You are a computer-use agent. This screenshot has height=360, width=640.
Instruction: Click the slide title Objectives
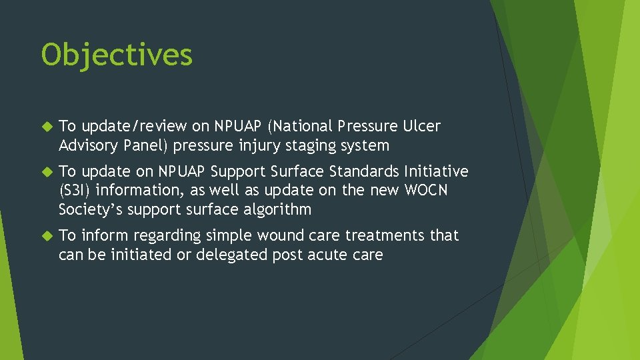click(117, 55)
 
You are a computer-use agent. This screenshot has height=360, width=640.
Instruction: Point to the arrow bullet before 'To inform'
click(47, 236)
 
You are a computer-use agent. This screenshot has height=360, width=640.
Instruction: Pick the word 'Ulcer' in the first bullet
click(421, 126)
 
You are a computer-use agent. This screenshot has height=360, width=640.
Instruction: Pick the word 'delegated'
click(231, 255)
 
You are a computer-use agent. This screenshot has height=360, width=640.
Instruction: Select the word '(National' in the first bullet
click(301, 127)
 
